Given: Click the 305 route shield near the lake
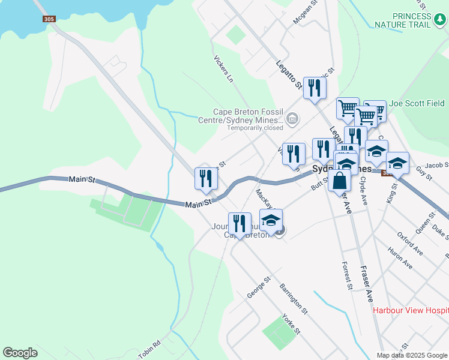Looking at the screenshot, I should point(50,19).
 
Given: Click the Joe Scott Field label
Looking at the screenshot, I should point(417,103).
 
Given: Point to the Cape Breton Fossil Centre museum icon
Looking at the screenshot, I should point(292,118).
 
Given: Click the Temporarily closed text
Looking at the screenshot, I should point(255,128).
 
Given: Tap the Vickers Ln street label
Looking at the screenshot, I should point(223,68).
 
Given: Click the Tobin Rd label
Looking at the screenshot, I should point(149,350).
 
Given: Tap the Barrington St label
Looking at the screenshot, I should point(294,299).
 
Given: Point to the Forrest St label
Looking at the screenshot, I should point(346,275).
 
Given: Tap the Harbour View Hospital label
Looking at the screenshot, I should point(411,310).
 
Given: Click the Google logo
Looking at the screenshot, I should point(20,353).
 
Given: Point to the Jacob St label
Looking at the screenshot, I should point(437,165).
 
